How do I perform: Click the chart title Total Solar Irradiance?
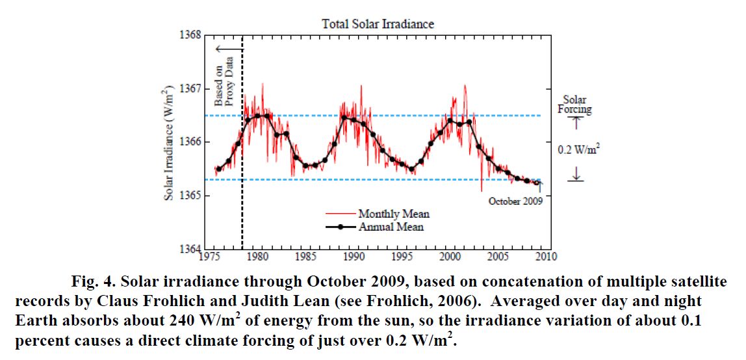[378, 24]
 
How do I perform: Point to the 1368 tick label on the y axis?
[189, 35]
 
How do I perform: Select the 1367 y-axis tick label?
[189, 88]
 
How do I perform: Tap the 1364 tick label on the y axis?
[189, 249]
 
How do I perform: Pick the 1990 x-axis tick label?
[354, 257]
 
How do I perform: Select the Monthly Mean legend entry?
[393, 214]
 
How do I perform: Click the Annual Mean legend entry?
[391, 227]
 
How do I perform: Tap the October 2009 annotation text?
[515, 201]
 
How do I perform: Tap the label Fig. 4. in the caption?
[90, 283]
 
